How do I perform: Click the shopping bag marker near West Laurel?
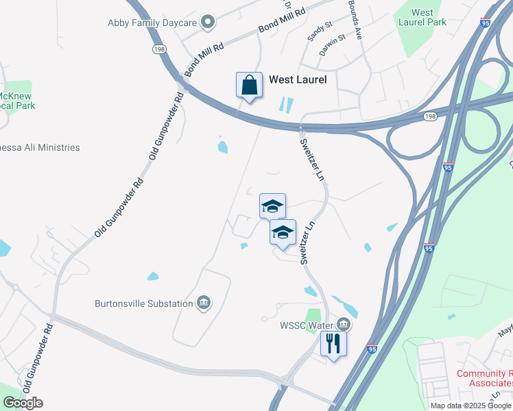tap(249, 86)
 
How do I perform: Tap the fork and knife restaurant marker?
tap(333, 342)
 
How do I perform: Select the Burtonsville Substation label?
tap(144, 302)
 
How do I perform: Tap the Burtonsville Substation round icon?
tap(203, 302)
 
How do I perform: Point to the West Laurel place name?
tap(297, 79)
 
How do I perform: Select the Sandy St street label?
tap(320, 28)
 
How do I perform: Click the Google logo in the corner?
tap(23, 403)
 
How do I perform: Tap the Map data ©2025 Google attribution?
tap(470, 406)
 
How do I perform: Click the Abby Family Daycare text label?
tap(153, 23)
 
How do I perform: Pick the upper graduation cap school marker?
tap(272, 206)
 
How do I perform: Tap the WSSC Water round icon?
tap(344, 324)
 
